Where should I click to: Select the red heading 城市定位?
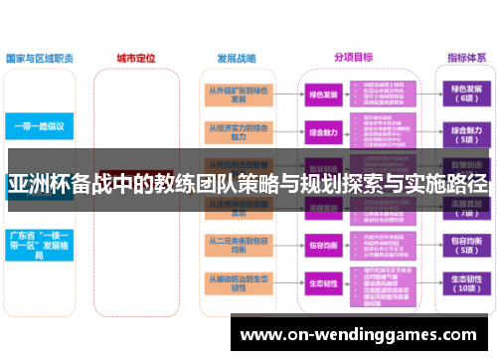[x=135, y=59]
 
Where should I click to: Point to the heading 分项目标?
[x=352, y=59]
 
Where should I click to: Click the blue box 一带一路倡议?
[x=38, y=127]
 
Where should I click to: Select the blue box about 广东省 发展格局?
[x=38, y=245]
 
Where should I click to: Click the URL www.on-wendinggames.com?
[x=362, y=336]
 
